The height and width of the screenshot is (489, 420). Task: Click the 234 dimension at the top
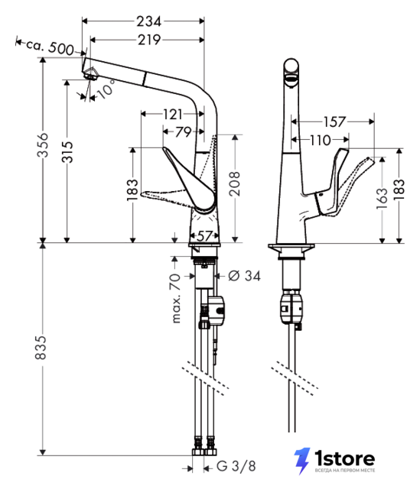(148, 21)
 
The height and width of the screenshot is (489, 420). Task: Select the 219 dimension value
(149, 40)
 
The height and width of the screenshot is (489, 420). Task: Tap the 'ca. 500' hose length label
(50, 47)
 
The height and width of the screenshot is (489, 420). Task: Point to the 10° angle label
(106, 89)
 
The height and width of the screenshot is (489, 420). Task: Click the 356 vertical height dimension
(43, 145)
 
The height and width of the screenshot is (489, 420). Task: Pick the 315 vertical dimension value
(67, 152)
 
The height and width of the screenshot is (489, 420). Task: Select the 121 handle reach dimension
(173, 114)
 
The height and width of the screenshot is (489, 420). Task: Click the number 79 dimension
(183, 132)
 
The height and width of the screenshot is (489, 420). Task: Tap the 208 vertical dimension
(235, 183)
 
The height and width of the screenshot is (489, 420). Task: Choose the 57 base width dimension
(204, 236)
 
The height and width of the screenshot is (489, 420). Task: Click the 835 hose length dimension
(41, 348)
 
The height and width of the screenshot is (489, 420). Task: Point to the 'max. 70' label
(176, 298)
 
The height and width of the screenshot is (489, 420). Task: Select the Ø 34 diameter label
(244, 276)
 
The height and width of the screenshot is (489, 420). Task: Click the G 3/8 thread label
(236, 466)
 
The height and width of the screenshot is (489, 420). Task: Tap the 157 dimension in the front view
(334, 121)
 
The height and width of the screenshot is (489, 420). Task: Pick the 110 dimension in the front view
(320, 140)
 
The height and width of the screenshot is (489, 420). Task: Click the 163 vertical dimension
(382, 199)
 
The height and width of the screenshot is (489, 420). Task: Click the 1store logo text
(344, 458)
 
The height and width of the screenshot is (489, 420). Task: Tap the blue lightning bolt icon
(301, 461)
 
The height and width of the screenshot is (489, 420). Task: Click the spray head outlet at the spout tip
(91, 75)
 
